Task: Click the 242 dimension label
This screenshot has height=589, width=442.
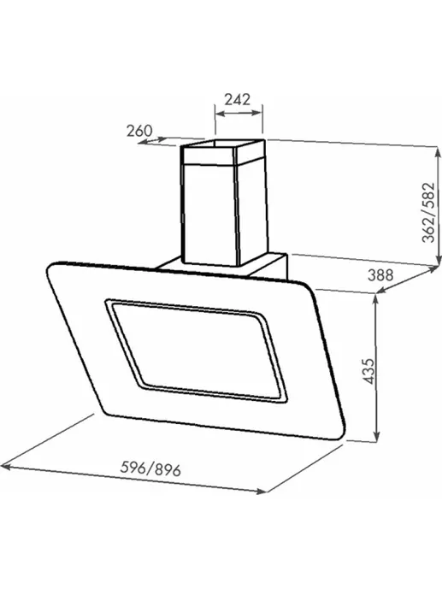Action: point(238,99)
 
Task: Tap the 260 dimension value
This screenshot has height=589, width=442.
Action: point(139,131)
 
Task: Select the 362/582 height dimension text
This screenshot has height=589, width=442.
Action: point(428,213)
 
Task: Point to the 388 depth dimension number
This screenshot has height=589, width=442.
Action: point(380,275)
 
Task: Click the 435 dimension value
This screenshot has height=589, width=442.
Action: point(369,372)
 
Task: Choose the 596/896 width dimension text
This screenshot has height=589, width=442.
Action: point(150,468)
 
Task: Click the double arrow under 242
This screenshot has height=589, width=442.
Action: point(239,113)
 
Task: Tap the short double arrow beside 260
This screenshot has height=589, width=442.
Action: point(152,140)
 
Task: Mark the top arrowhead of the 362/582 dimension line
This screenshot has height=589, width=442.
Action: point(438,151)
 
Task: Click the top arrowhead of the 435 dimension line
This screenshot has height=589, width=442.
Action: point(376,299)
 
